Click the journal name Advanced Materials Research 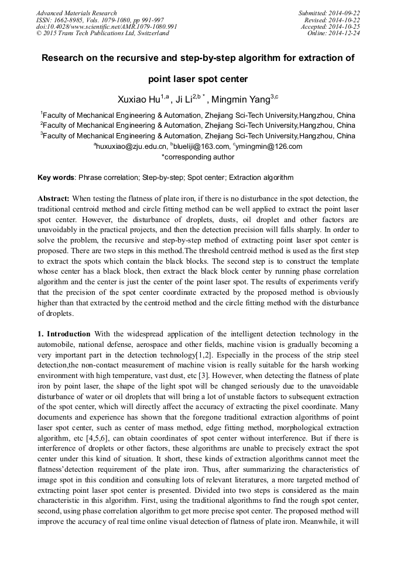tap(76, 13)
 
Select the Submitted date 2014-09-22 tap(345, 13)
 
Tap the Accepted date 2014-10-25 tap(345, 27)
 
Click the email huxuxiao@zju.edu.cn tap(131, 147)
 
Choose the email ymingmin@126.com tap(269, 147)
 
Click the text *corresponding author tap(198, 156)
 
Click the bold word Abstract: tap(54, 199)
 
